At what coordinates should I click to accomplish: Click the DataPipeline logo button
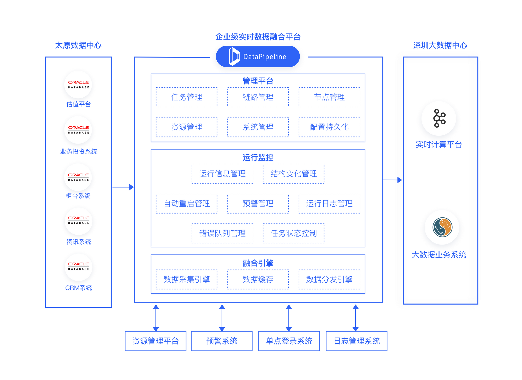(258, 56)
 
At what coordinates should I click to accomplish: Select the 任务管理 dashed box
(187, 97)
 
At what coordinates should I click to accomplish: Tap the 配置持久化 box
(329, 127)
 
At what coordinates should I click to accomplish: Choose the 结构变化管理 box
(294, 174)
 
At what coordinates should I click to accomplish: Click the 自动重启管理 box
(187, 204)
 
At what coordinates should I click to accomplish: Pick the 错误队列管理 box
(222, 233)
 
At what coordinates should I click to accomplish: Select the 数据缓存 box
(258, 279)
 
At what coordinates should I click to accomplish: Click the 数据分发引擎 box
(329, 279)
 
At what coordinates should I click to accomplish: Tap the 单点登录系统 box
(289, 341)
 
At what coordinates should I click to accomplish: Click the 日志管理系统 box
(357, 341)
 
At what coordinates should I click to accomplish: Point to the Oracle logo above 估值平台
(78, 84)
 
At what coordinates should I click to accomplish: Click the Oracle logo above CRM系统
(79, 266)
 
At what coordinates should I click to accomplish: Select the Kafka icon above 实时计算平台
(439, 118)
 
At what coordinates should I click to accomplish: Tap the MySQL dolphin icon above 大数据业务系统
(442, 227)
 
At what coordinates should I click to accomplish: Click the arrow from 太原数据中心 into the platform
(123, 187)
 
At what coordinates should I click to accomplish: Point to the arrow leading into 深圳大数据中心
(392, 180)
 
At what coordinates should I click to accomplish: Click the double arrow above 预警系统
(222, 318)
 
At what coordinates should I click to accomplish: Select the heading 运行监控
(258, 157)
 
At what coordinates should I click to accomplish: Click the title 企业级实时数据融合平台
(258, 37)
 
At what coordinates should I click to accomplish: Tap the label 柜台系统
(78, 196)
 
